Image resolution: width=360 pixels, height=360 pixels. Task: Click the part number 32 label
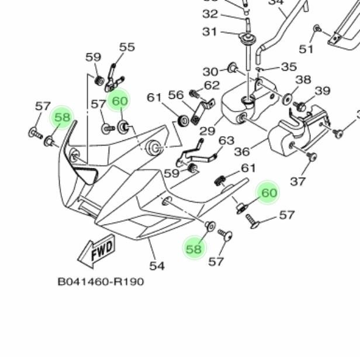[210, 13]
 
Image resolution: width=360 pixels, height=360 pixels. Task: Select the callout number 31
[210, 32]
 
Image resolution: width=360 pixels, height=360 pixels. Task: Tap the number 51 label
[306, 49]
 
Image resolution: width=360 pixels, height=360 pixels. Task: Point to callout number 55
[126, 47]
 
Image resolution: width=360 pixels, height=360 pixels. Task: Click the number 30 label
[210, 71]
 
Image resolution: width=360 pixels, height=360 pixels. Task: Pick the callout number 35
[289, 67]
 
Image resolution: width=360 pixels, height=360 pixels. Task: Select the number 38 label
[303, 80]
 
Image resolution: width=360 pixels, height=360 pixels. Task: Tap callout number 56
[176, 95]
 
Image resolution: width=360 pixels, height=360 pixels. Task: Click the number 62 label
[212, 86]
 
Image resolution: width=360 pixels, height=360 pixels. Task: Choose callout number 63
[226, 141]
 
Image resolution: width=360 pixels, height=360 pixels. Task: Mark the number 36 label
[242, 152]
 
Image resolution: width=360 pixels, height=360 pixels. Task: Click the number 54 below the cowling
[157, 266]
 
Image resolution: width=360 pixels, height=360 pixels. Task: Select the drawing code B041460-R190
[100, 282]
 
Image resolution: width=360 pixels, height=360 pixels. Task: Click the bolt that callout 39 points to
[300, 107]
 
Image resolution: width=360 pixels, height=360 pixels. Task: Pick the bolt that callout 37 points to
[311, 156]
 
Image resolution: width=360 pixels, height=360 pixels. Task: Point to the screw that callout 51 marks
[317, 28]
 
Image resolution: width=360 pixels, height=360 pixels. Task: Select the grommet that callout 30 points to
[231, 68]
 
